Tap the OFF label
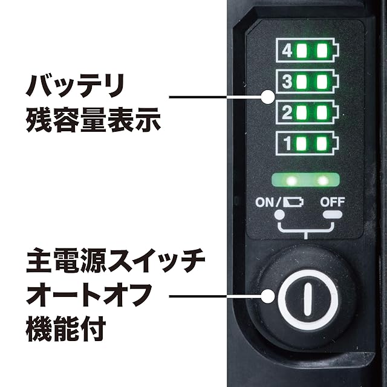[332, 203]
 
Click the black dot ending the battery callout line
[267, 97]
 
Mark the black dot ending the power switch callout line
[267, 296]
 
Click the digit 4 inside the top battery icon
[287, 50]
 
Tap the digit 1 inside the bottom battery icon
[287, 144]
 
